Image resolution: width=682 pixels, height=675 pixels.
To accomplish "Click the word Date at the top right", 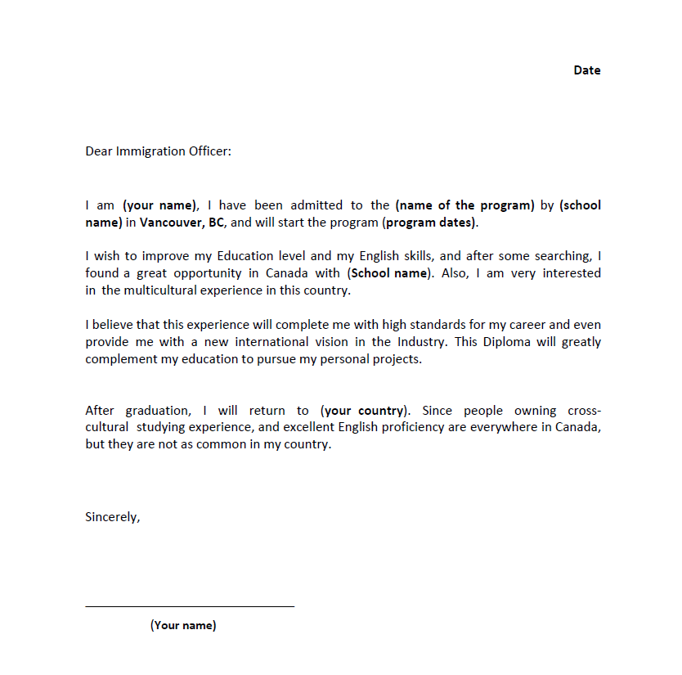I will pyautogui.click(x=586, y=70).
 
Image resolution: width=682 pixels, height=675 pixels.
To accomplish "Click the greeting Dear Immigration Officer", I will pyautogui.click(x=158, y=151).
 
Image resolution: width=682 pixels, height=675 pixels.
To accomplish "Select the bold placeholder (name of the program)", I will pyautogui.click(x=464, y=205).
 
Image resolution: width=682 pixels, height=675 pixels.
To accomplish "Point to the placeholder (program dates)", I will pyautogui.click(x=430, y=222).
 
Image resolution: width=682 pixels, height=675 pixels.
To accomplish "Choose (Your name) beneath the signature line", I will pyautogui.click(x=183, y=626).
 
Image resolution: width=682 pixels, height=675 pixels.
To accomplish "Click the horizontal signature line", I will pyautogui.click(x=190, y=606).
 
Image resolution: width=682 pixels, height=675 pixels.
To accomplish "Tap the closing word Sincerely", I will pyautogui.click(x=112, y=517).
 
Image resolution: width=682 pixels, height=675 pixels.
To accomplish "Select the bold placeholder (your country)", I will pyautogui.click(x=364, y=411).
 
